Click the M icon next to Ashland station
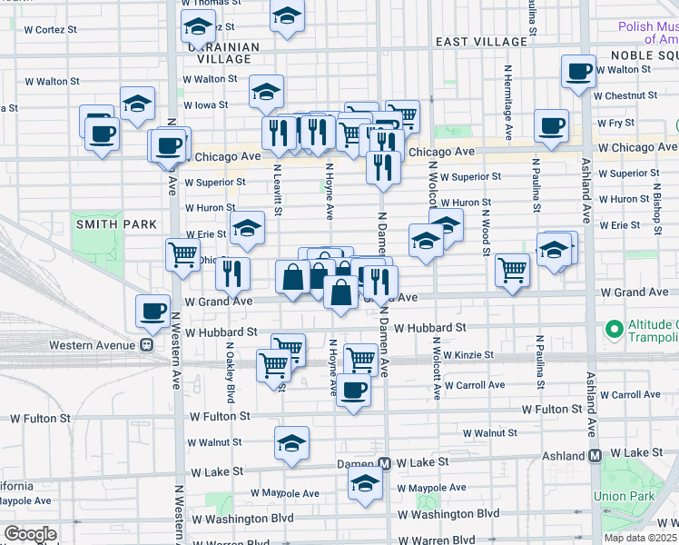coord(595,454)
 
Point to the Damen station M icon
coord(385,463)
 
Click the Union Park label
coord(623,496)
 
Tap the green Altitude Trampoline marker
coord(615,328)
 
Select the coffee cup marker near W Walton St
coord(578,71)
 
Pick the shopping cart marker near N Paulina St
coord(513,269)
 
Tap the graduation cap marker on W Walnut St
coord(291,442)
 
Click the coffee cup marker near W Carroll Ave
coord(353,391)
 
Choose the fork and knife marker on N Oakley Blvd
coord(232,272)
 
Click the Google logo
coord(31,533)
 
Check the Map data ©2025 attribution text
coord(640,538)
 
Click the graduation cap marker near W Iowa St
coord(267,91)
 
